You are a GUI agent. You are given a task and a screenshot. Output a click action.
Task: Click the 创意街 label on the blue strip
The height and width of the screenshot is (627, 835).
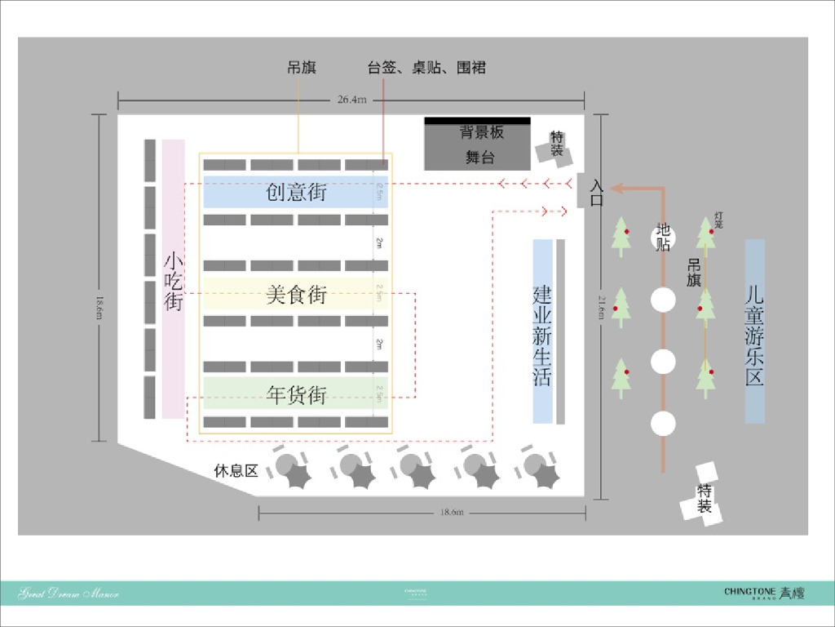296,193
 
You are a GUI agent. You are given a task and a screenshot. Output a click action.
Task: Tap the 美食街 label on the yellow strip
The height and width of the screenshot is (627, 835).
296,294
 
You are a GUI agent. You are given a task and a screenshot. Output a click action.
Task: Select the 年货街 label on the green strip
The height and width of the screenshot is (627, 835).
296,395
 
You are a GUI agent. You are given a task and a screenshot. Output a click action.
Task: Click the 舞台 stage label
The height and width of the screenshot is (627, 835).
480,158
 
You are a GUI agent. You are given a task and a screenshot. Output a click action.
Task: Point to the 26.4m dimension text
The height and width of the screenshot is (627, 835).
352,100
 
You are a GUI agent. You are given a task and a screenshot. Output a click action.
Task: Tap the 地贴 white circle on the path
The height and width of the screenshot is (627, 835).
663,238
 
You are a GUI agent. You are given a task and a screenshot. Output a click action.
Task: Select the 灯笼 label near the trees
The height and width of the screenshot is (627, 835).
718,219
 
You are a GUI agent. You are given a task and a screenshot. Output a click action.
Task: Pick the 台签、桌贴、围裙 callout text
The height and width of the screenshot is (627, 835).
426,68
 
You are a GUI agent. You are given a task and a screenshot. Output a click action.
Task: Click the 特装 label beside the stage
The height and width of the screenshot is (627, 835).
556,145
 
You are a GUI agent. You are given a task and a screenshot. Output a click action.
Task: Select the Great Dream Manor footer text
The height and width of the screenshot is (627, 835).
68,594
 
